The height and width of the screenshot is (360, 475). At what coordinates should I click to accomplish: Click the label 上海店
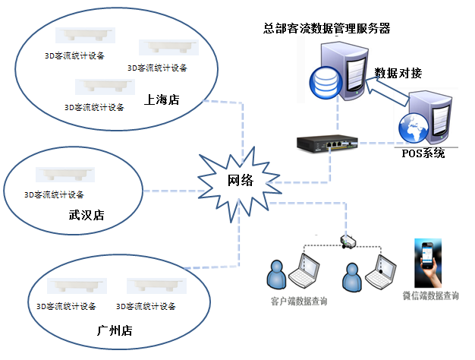162,100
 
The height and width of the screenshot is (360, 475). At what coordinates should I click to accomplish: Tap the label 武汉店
86,216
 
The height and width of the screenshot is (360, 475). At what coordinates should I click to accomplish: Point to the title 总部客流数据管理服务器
327,29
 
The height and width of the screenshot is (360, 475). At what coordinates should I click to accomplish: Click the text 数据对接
398,73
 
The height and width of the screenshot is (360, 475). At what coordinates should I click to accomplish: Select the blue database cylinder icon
324,81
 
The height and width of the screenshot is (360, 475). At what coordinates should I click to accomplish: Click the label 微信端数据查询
431,296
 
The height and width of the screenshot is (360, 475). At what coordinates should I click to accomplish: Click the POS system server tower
426,118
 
